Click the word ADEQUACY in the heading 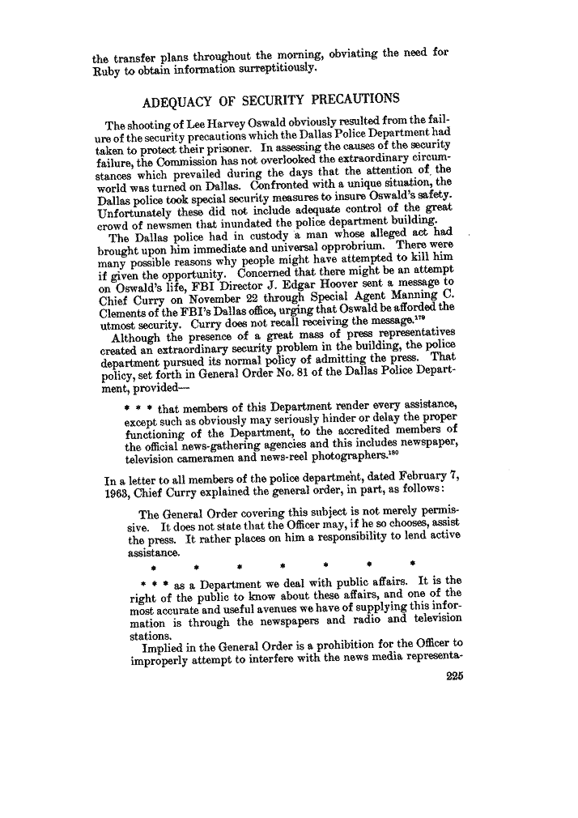pyautogui.click(x=173, y=100)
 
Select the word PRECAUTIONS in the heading pyautogui.click(x=351, y=100)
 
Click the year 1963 pyautogui.click(x=108, y=493)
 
